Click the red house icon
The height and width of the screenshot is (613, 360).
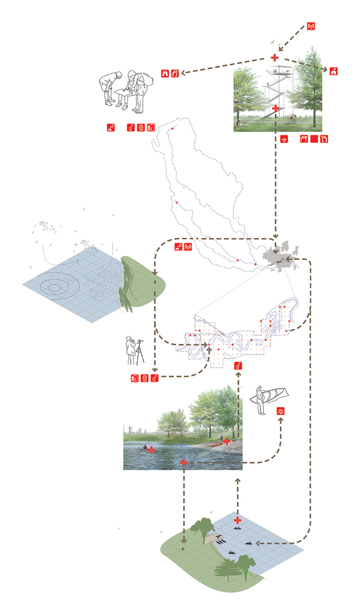tap(333, 71)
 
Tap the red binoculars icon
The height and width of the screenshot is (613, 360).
tap(165, 73)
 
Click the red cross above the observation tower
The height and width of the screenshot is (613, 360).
tap(275, 58)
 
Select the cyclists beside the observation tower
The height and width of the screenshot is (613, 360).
tap(292, 119)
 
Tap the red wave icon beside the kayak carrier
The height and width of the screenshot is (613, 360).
tap(281, 411)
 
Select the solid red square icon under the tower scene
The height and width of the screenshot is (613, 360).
tap(314, 139)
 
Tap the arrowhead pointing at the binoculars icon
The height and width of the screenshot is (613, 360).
tap(183, 73)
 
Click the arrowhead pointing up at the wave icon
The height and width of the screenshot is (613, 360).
tap(281, 421)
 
